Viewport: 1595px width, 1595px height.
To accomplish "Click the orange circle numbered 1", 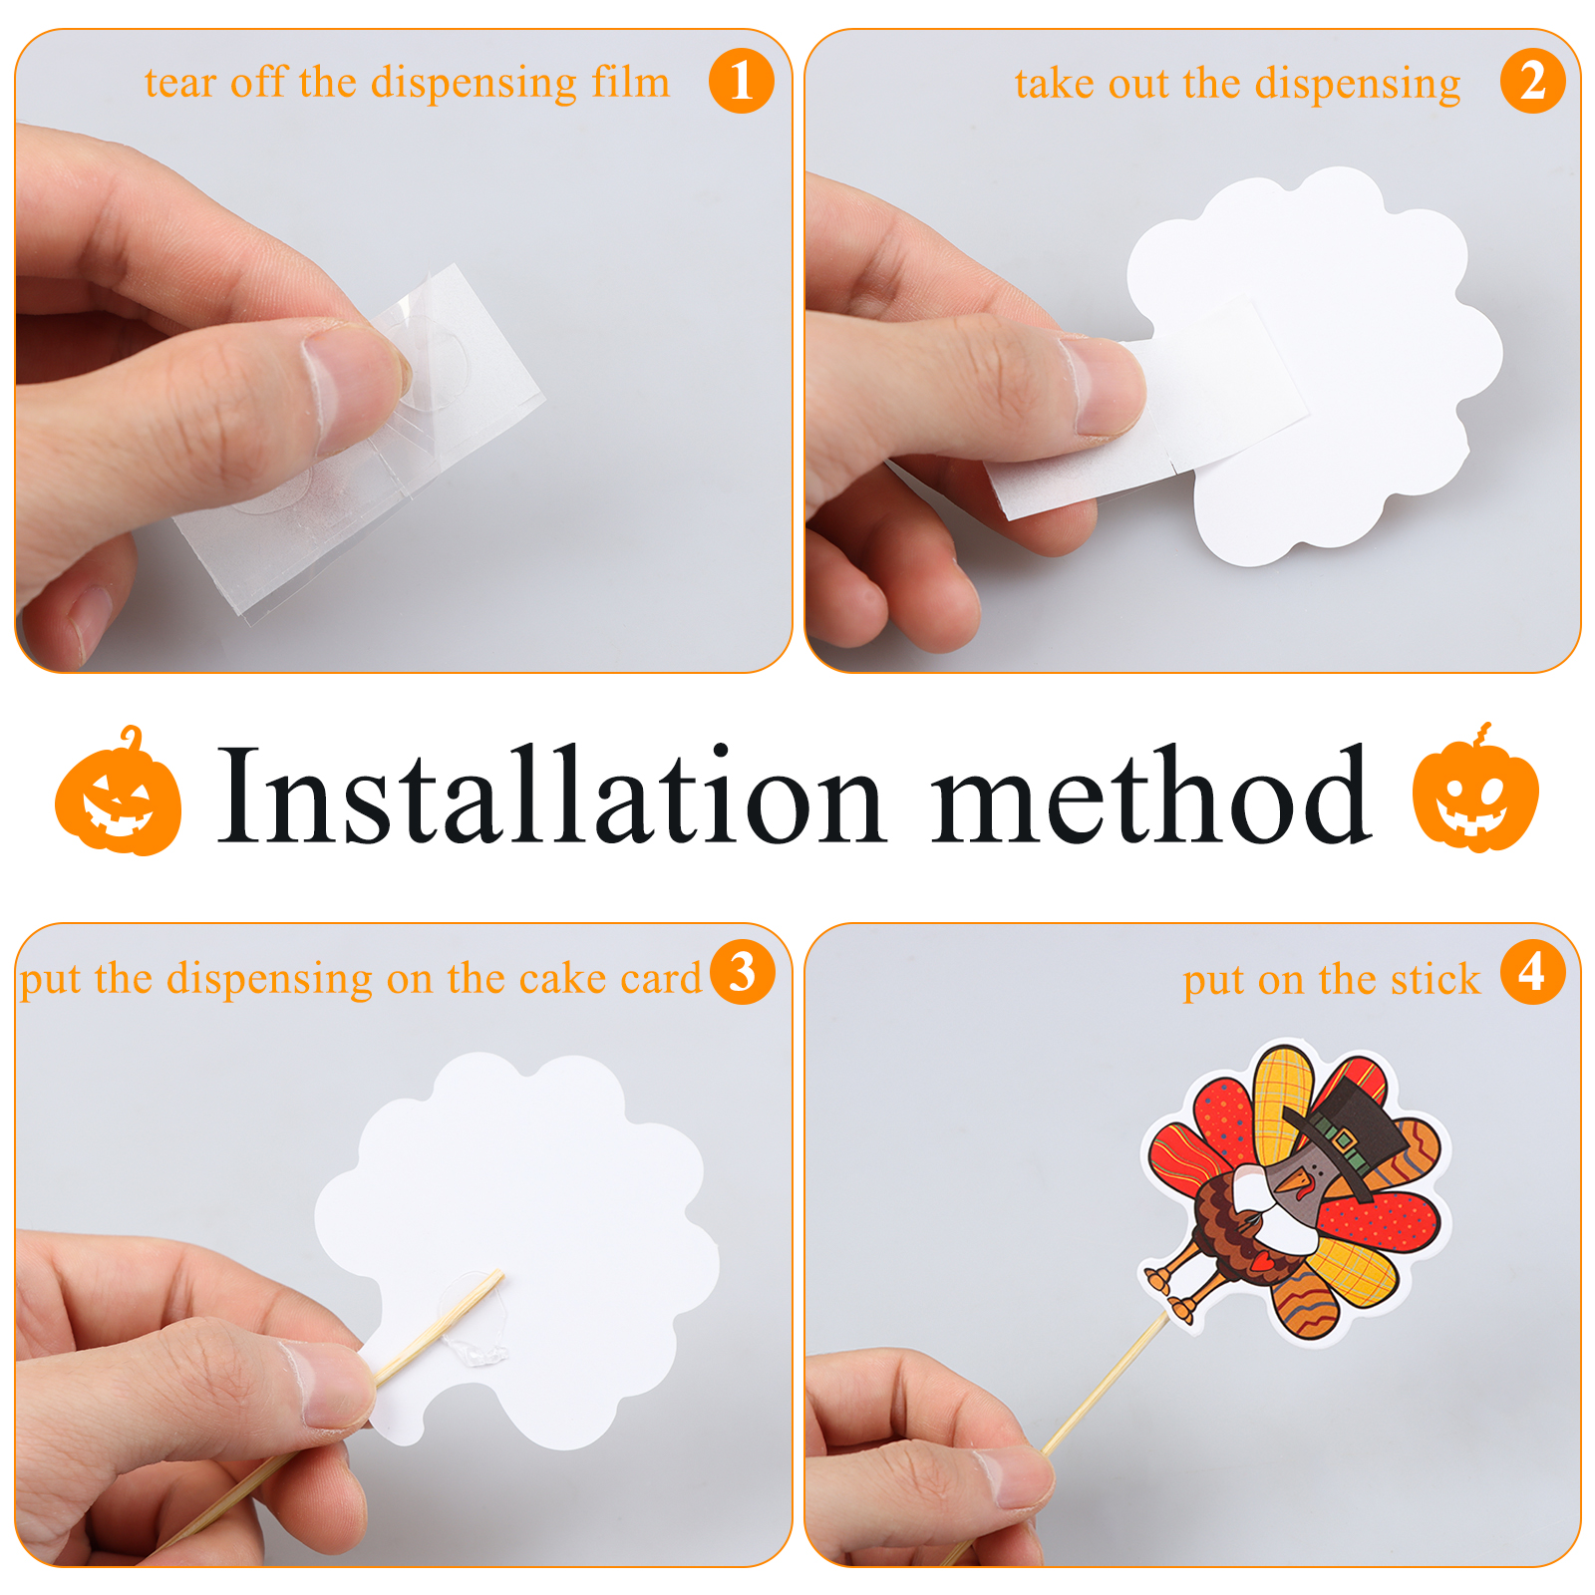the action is pos(741,81).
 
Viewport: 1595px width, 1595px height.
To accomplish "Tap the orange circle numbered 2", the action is pos(1532,81).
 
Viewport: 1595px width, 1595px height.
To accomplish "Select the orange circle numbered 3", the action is pos(743,972).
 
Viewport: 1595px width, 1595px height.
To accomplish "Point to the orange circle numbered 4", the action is pos(1532,972).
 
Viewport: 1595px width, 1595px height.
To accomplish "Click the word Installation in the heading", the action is pos(551,795).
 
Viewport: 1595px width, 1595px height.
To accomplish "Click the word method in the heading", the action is pos(1151,795).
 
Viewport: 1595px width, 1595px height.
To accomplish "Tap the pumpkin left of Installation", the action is pos(119,791).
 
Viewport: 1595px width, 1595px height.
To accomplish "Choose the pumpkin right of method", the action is pos(1475,788).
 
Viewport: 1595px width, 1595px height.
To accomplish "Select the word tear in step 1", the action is pos(180,84).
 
